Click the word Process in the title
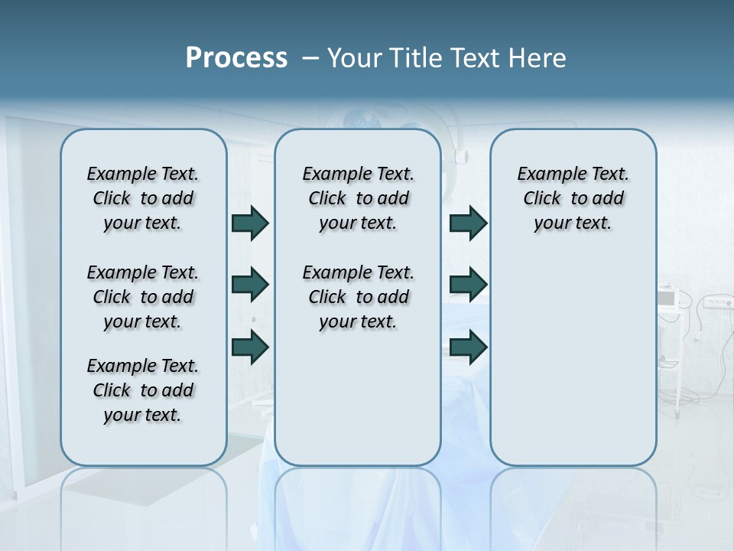(x=236, y=58)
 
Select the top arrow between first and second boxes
(x=250, y=223)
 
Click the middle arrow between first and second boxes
(x=250, y=285)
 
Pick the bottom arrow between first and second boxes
(x=250, y=347)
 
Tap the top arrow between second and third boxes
(x=468, y=223)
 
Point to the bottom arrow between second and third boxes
(x=468, y=347)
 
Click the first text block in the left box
(x=143, y=198)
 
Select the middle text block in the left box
(x=143, y=297)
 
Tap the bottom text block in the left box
(x=143, y=390)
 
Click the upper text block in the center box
(x=358, y=198)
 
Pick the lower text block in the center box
(x=358, y=297)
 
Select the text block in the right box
(x=573, y=198)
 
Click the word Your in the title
(x=356, y=58)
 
